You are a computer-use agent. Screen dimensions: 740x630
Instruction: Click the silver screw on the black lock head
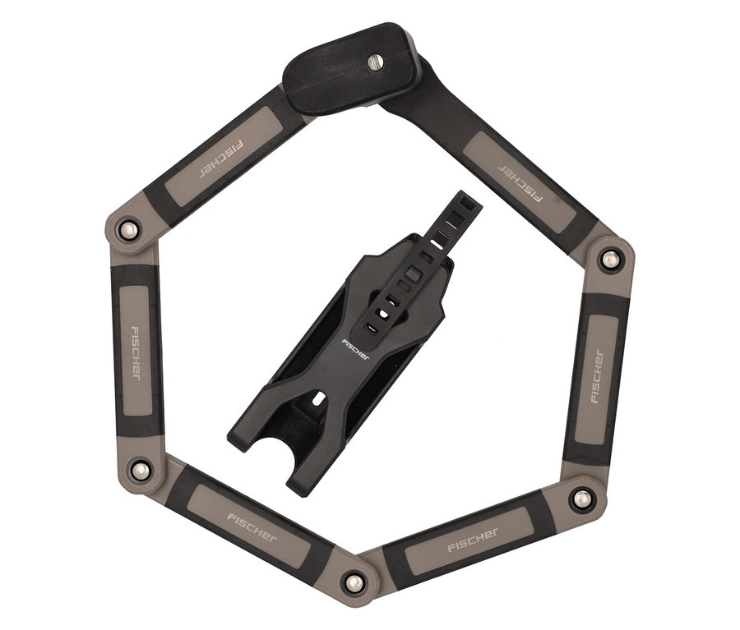pyautogui.click(x=375, y=62)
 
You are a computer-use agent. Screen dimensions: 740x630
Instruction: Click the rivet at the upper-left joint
pyautogui.click(x=128, y=230)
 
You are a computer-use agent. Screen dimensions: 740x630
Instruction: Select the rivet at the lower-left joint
pyautogui.click(x=141, y=470)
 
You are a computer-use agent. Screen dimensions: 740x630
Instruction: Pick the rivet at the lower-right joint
pyautogui.click(x=581, y=498)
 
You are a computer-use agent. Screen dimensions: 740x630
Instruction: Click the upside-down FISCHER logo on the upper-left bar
pyautogui.click(x=221, y=159)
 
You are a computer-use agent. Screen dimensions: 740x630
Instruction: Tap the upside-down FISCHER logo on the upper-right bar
pyautogui.click(x=520, y=182)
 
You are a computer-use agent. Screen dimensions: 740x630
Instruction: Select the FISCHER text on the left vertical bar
pyautogui.click(x=135, y=354)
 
